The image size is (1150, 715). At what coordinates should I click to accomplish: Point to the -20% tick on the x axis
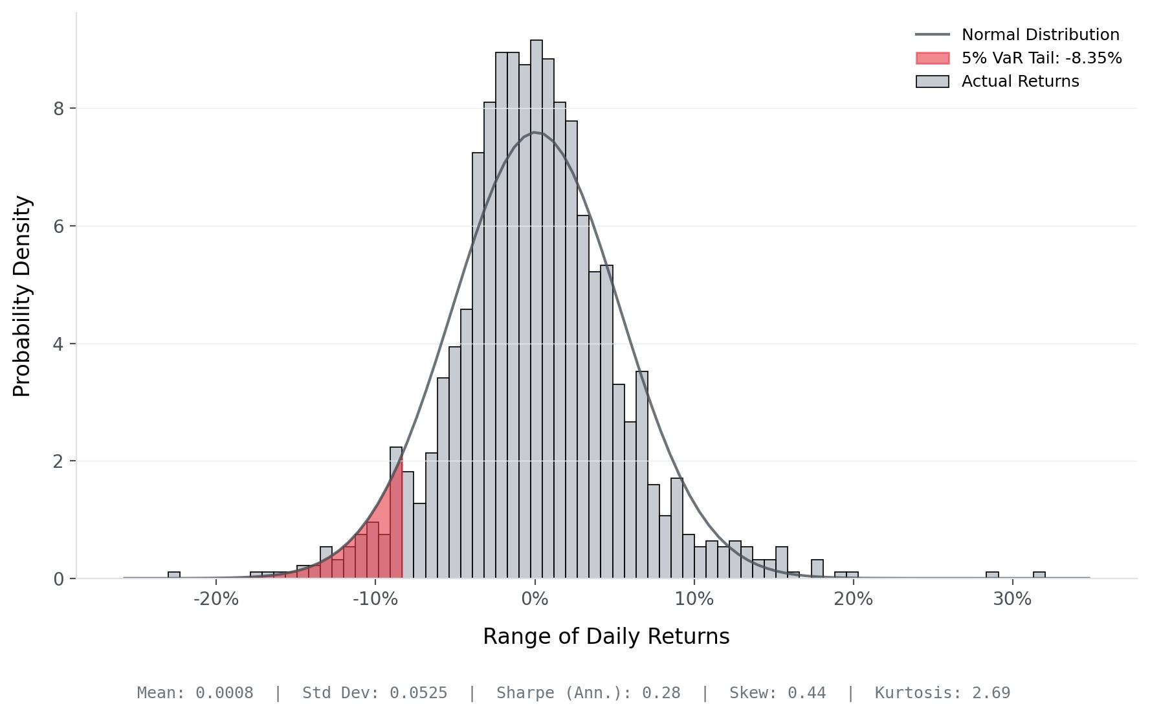[x=216, y=600]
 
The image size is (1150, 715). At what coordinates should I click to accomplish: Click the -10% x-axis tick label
[x=375, y=600]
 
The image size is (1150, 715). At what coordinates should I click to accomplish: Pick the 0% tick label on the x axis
[x=535, y=600]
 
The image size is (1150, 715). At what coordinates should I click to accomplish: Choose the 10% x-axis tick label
[x=694, y=600]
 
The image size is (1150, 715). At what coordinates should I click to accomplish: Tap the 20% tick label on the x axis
[x=853, y=600]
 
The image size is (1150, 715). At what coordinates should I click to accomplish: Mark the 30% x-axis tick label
[x=1012, y=600]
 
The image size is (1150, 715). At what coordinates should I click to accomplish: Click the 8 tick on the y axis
[x=60, y=109]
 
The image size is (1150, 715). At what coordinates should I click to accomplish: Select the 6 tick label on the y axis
[x=60, y=226]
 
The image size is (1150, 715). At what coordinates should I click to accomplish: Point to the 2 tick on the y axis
[x=60, y=461]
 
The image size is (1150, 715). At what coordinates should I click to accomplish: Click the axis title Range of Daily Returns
[x=606, y=637]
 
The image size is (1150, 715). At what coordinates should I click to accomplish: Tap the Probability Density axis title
[x=22, y=296]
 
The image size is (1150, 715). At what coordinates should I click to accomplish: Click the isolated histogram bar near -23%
[x=174, y=575]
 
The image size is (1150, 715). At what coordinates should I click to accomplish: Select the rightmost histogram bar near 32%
[x=1039, y=575]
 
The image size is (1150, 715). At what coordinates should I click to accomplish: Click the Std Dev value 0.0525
[x=418, y=693]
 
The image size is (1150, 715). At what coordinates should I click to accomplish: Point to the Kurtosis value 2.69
[x=991, y=693]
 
